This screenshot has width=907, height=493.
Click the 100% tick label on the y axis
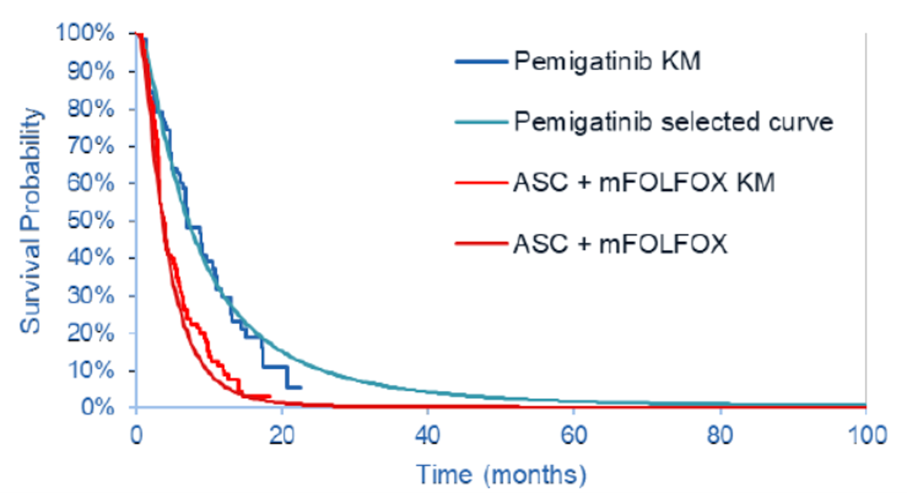coord(85,33)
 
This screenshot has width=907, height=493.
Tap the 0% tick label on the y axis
coord(97,407)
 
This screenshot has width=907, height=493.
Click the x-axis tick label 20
coord(282,436)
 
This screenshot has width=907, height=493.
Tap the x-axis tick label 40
coord(427,436)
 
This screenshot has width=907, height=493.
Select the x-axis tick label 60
coord(573,436)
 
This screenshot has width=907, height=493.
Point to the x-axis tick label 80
coord(720,436)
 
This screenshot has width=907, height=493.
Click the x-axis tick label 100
coord(865,436)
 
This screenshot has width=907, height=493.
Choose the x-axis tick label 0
coord(136,436)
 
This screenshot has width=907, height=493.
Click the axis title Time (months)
coord(501,475)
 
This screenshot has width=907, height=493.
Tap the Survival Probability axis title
coord(31,220)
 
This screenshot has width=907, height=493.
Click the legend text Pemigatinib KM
coord(607,61)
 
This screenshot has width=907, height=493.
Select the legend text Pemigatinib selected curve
coord(673,122)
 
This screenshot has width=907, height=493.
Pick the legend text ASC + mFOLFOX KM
coord(644,183)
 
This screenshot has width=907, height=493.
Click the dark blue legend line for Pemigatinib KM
coord(481,62)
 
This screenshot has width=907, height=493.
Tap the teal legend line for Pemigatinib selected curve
coord(481,123)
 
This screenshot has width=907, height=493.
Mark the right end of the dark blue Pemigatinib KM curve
coord(301,388)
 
